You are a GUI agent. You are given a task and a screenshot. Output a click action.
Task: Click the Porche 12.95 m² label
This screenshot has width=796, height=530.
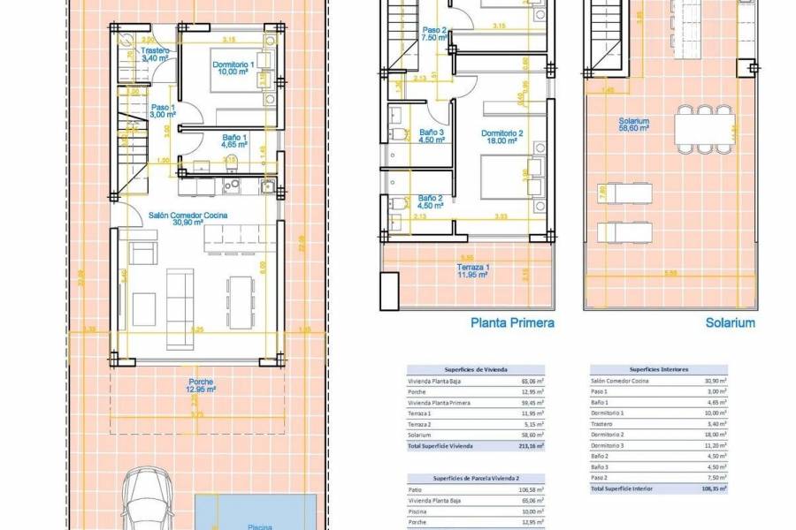tap(200, 386)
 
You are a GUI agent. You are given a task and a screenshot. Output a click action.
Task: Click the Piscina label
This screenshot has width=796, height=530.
tap(259, 526)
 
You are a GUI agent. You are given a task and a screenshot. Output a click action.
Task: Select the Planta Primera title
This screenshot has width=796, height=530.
tap(512, 323)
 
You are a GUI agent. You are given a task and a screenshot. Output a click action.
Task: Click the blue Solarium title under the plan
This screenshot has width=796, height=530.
tap(730, 323)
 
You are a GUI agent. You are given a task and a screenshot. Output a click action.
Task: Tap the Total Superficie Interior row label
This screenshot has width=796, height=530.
tap(624, 488)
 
